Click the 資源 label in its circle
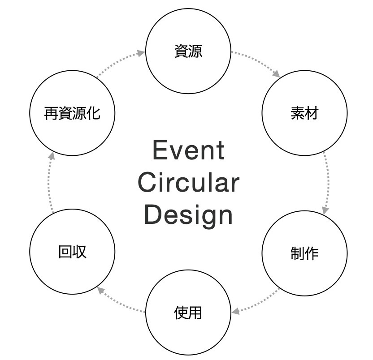click(x=188, y=51)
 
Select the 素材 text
click(x=304, y=113)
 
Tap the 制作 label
click(x=304, y=253)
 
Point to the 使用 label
click(x=188, y=312)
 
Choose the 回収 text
click(x=72, y=252)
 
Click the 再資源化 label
click(x=72, y=113)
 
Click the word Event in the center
click(x=188, y=150)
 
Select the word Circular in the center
click(x=188, y=183)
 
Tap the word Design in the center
click(x=188, y=215)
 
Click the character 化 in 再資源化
click(x=93, y=113)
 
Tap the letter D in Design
click(x=153, y=215)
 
